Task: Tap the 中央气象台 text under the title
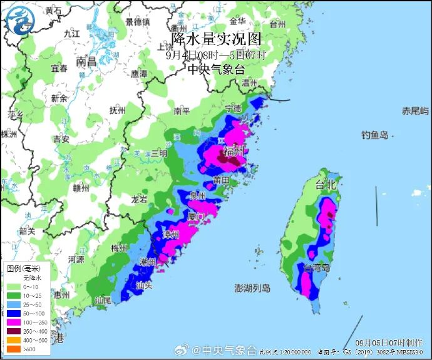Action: click(216, 69)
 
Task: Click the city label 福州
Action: click(234, 150)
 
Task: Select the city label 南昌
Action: click(86, 62)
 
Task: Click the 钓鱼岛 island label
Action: click(375, 135)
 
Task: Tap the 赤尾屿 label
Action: click(415, 111)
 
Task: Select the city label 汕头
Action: click(144, 284)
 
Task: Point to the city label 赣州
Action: click(81, 187)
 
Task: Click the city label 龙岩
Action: click(139, 200)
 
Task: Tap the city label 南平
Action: click(182, 111)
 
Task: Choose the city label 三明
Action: click(159, 153)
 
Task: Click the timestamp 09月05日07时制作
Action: click(388, 342)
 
